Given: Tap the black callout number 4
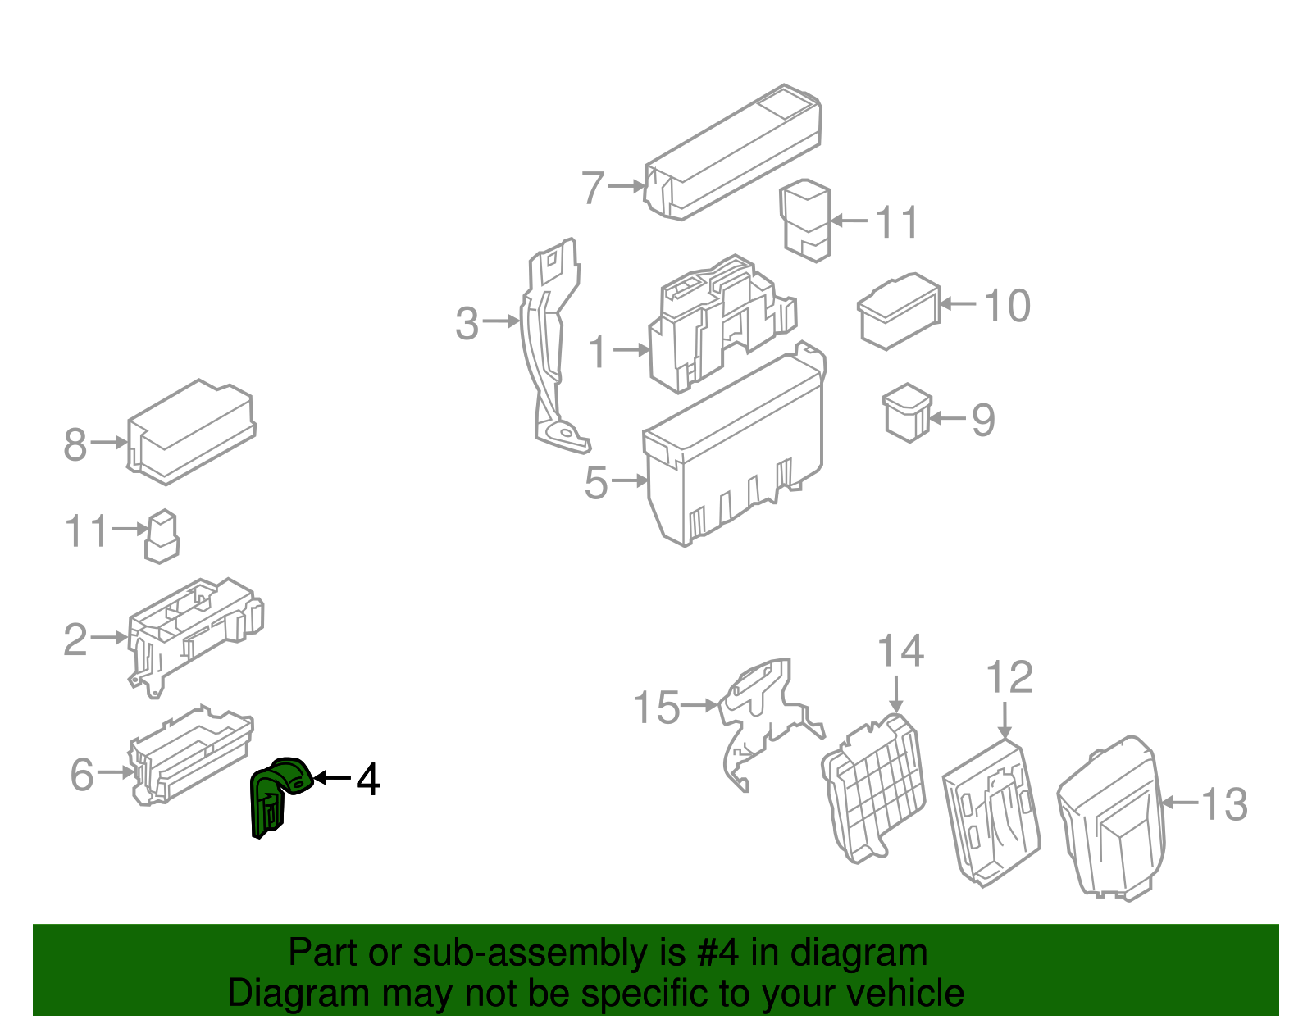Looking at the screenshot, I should (367, 780).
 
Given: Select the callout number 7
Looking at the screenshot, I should (593, 188).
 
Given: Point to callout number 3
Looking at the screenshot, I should (467, 323).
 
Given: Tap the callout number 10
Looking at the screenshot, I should (1006, 306).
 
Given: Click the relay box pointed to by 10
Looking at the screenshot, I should (899, 311).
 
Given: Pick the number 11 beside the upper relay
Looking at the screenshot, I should (896, 222).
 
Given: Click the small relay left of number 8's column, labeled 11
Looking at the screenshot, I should (162, 537).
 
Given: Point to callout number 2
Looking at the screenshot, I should (75, 639).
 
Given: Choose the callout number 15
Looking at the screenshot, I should (656, 707).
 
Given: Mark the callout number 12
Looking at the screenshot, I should (1009, 677).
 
